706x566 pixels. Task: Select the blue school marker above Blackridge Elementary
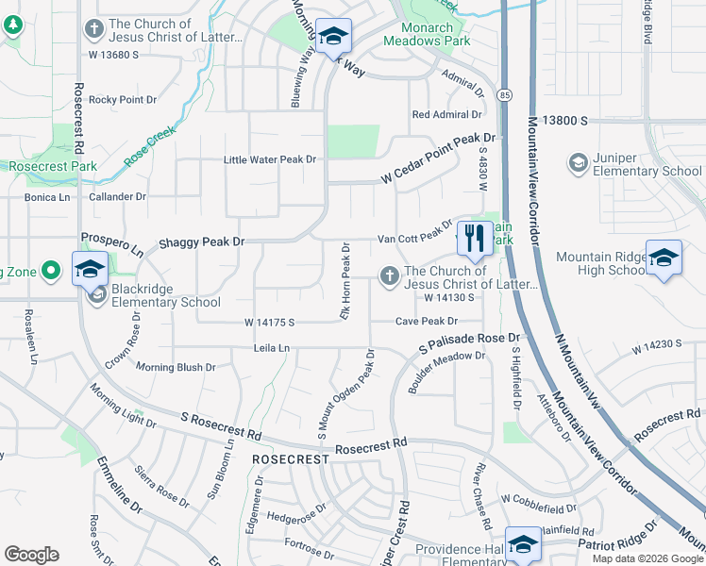(x=90, y=268)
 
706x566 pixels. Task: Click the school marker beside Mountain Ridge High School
(x=664, y=258)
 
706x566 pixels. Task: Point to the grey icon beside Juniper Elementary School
(x=577, y=163)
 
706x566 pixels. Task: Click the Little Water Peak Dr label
(x=269, y=159)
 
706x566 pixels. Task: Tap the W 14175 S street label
(x=270, y=323)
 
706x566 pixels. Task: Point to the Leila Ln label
(x=271, y=348)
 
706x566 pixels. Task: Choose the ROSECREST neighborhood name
(x=290, y=458)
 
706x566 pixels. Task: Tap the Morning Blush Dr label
(x=176, y=367)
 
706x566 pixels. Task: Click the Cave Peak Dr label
(x=426, y=322)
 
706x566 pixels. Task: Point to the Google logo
(x=31, y=555)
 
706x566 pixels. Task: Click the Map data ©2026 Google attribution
(x=647, y=558)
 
